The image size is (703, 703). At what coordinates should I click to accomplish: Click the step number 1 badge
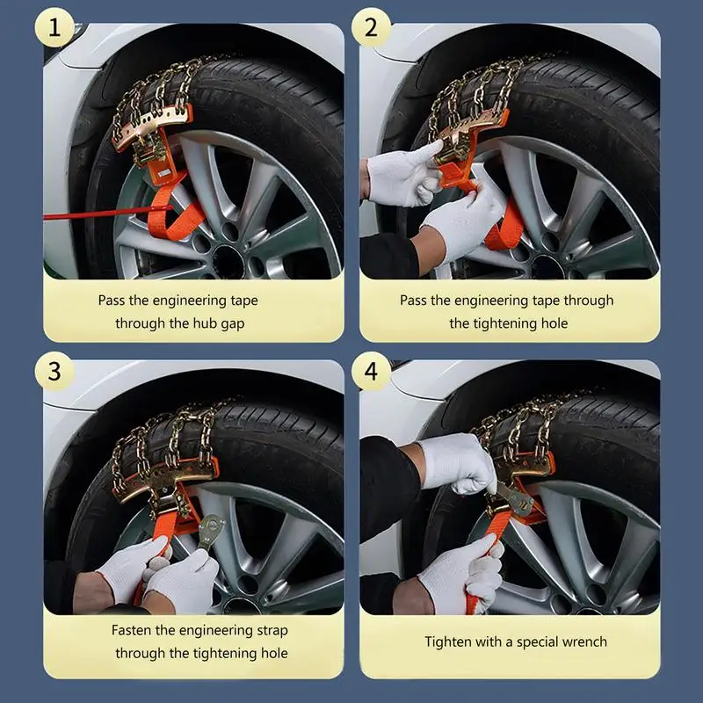pyautogui.click(x=54, y=27)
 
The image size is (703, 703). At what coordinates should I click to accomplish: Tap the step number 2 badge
pyautogui.click(x=371, y=27)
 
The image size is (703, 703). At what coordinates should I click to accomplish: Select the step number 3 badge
pyautogui.click(x=54, y=371)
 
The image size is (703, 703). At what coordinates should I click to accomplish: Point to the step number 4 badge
pyautogui.click(x=371, y=371)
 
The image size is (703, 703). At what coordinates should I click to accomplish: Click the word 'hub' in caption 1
pyautogui.click(x=205, y=323)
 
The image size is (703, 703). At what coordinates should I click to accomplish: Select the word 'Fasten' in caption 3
pyautogui.click(x=131, y=630)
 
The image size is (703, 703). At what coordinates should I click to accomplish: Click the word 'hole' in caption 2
pyautogui.click(x=554, y=323)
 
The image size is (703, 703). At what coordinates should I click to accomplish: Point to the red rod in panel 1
pyautogui.click(x=107, y=213)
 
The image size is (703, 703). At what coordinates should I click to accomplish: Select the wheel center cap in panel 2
pyautogui.click(x=546, y=267)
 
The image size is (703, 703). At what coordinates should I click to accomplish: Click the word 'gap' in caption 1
pyautogui.click(x=232, y=323)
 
